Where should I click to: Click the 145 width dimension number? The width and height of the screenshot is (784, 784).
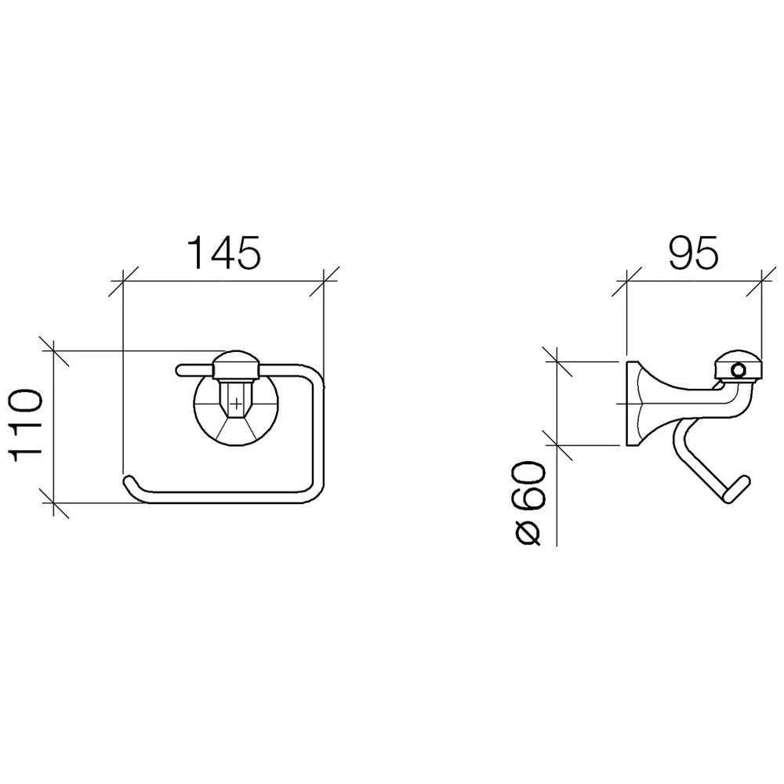(x=224, y=252)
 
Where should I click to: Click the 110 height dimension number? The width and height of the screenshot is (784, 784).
(x=27, y=426)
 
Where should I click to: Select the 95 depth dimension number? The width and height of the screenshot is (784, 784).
(x=694, y=252)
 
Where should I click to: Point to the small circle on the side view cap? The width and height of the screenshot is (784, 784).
(x=738, y=371)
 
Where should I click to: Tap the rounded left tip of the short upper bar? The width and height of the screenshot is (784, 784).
(x=180, y=369)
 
